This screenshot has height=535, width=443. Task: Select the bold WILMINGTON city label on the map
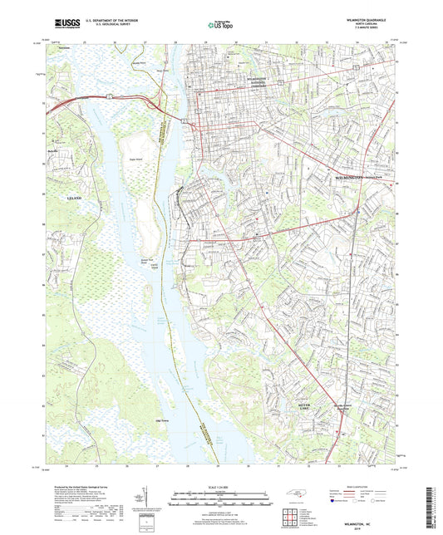tap(351, 178)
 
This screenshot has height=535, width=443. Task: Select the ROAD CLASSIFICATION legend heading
tap(356, 487)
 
